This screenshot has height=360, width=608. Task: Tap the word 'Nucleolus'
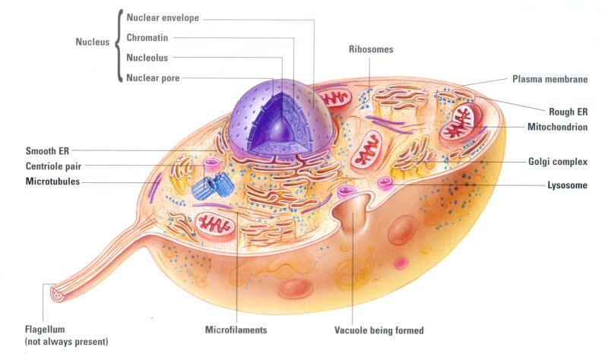(147, 57)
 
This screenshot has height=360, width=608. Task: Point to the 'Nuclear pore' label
(153, 77)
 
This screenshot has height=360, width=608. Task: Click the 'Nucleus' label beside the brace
(93, 43)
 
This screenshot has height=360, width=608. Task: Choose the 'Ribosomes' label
(371, 49)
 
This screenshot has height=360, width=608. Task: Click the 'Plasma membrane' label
(549, 78)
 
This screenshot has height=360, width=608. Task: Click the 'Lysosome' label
(567, 185)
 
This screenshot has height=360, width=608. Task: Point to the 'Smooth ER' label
(48, 150)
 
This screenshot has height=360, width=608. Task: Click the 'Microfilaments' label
(236, 330)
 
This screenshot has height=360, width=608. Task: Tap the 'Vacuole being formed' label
(378, 330)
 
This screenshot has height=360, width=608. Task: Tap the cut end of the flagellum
(56, 292)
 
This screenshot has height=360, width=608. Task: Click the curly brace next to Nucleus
(119, 46)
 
